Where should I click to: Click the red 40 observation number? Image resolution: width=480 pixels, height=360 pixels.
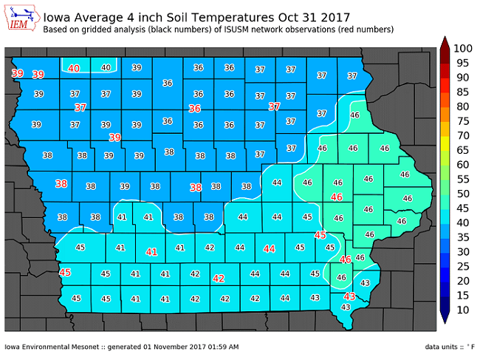(74, 68)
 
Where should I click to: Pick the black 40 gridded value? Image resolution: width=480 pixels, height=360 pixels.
(106, 67)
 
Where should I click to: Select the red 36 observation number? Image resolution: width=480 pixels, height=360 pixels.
(195, 108)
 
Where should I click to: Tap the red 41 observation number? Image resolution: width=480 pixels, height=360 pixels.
(152, 252)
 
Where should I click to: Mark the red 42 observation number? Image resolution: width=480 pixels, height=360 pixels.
(219, 279)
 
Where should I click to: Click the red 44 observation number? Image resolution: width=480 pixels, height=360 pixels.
(270, 249)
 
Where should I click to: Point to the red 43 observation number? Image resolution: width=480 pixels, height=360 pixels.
(350, 296)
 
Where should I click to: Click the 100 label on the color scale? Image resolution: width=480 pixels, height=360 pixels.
(462, 48)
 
